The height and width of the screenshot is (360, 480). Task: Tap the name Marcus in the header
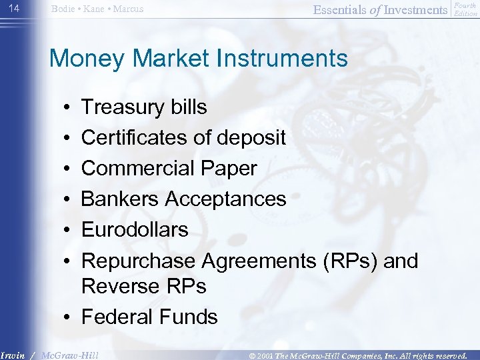[127, 9]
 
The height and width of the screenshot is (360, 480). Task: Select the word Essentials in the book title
[339, 9]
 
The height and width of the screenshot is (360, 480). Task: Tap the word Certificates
[134, 138]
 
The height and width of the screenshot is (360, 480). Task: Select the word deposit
[249, 138]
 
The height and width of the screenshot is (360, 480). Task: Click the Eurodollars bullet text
[135, 230]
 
